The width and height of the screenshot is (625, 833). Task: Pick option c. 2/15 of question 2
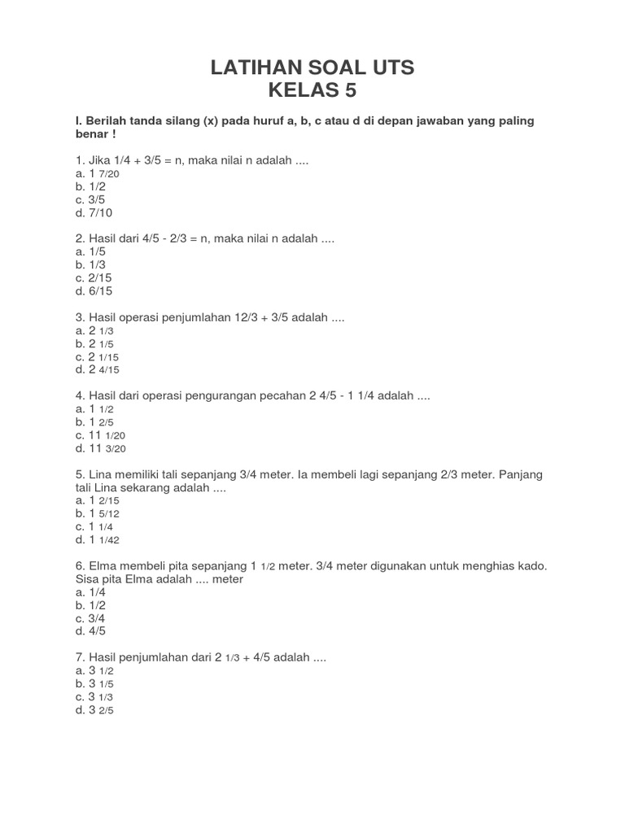pos(92,277)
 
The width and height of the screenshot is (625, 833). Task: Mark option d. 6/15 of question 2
pos(92,290)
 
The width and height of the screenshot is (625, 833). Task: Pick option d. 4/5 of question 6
pos(90,630)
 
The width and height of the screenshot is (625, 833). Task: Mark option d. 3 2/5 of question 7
pos(94,709)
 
